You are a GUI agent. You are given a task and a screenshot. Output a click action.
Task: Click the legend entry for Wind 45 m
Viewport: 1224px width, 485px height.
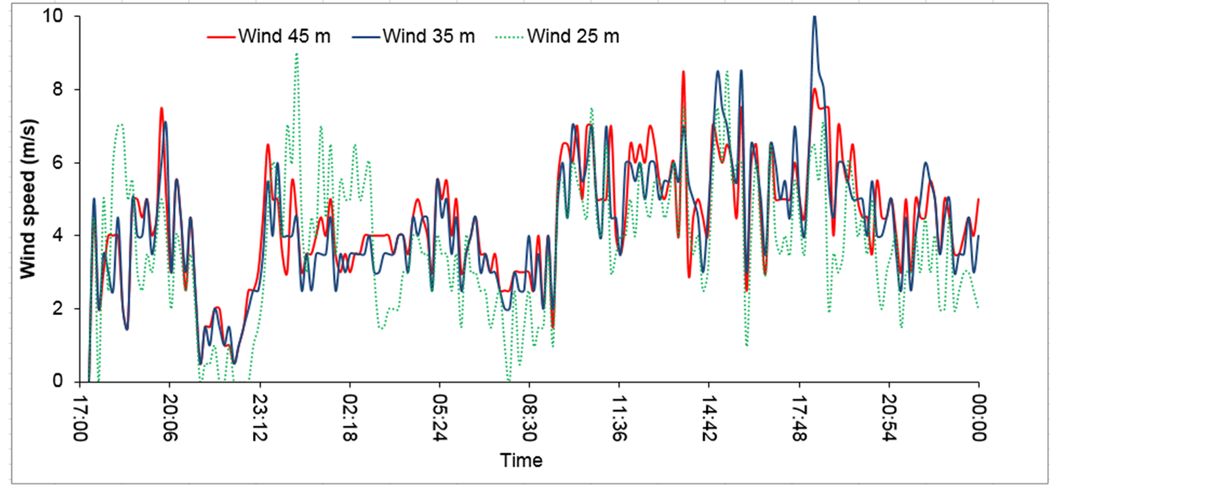pos(269,37)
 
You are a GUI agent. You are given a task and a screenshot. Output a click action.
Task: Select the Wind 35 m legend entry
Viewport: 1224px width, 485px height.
pos(414,37)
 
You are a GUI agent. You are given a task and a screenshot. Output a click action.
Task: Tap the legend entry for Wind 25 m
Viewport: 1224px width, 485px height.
pos(557,37)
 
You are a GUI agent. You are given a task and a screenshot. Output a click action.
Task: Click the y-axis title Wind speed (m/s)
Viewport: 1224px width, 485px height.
pos(28,199)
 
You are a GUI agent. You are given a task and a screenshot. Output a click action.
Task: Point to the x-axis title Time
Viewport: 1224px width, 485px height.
pos(521,461)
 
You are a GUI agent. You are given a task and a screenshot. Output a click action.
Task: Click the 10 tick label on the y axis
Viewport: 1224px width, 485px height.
pos(52,16)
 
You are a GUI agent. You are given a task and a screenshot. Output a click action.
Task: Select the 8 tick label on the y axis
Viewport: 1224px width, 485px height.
pos(58,89)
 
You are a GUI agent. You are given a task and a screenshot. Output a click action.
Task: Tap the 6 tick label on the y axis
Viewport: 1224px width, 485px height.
pos(58,163)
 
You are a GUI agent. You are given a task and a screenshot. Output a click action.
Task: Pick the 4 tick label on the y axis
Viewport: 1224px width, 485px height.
pos(58,236)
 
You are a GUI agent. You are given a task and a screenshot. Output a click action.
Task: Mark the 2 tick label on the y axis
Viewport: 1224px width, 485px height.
pos(58,309)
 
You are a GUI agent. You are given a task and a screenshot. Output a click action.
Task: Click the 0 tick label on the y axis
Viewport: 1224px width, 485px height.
pos(58,381)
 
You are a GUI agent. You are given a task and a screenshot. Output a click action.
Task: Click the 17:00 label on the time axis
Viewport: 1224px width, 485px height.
pos(80,418)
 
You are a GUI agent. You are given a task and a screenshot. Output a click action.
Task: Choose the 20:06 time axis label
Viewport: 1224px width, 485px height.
pos(170,418)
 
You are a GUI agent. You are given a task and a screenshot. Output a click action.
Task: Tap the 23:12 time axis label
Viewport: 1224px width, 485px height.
pos(260,418)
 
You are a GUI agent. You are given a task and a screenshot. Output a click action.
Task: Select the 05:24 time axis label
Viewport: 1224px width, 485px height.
pos(439,418)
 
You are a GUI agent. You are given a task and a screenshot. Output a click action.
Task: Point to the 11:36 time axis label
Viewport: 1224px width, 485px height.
pos(619,418)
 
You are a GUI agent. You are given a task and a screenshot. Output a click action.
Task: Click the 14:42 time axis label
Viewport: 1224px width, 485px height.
pos(709,418)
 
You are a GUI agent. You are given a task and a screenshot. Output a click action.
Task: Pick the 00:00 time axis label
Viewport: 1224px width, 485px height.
pos(979,418)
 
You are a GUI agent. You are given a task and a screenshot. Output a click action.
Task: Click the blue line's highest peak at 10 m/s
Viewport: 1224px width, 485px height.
pos(814,16)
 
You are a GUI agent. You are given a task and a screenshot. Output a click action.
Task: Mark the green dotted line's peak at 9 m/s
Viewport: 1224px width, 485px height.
pos(296,54)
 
